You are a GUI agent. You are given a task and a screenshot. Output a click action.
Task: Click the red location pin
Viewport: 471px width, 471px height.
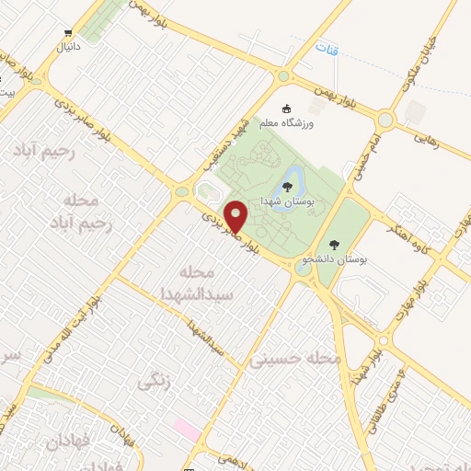[x=237, y=216]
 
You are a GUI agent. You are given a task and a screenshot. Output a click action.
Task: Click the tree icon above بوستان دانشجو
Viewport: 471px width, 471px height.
[x=332, y=246]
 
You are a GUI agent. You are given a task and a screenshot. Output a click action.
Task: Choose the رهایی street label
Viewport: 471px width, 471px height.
[x=431, y=139]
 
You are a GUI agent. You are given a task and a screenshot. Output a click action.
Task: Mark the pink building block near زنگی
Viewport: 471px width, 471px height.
[x=187, y=429]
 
